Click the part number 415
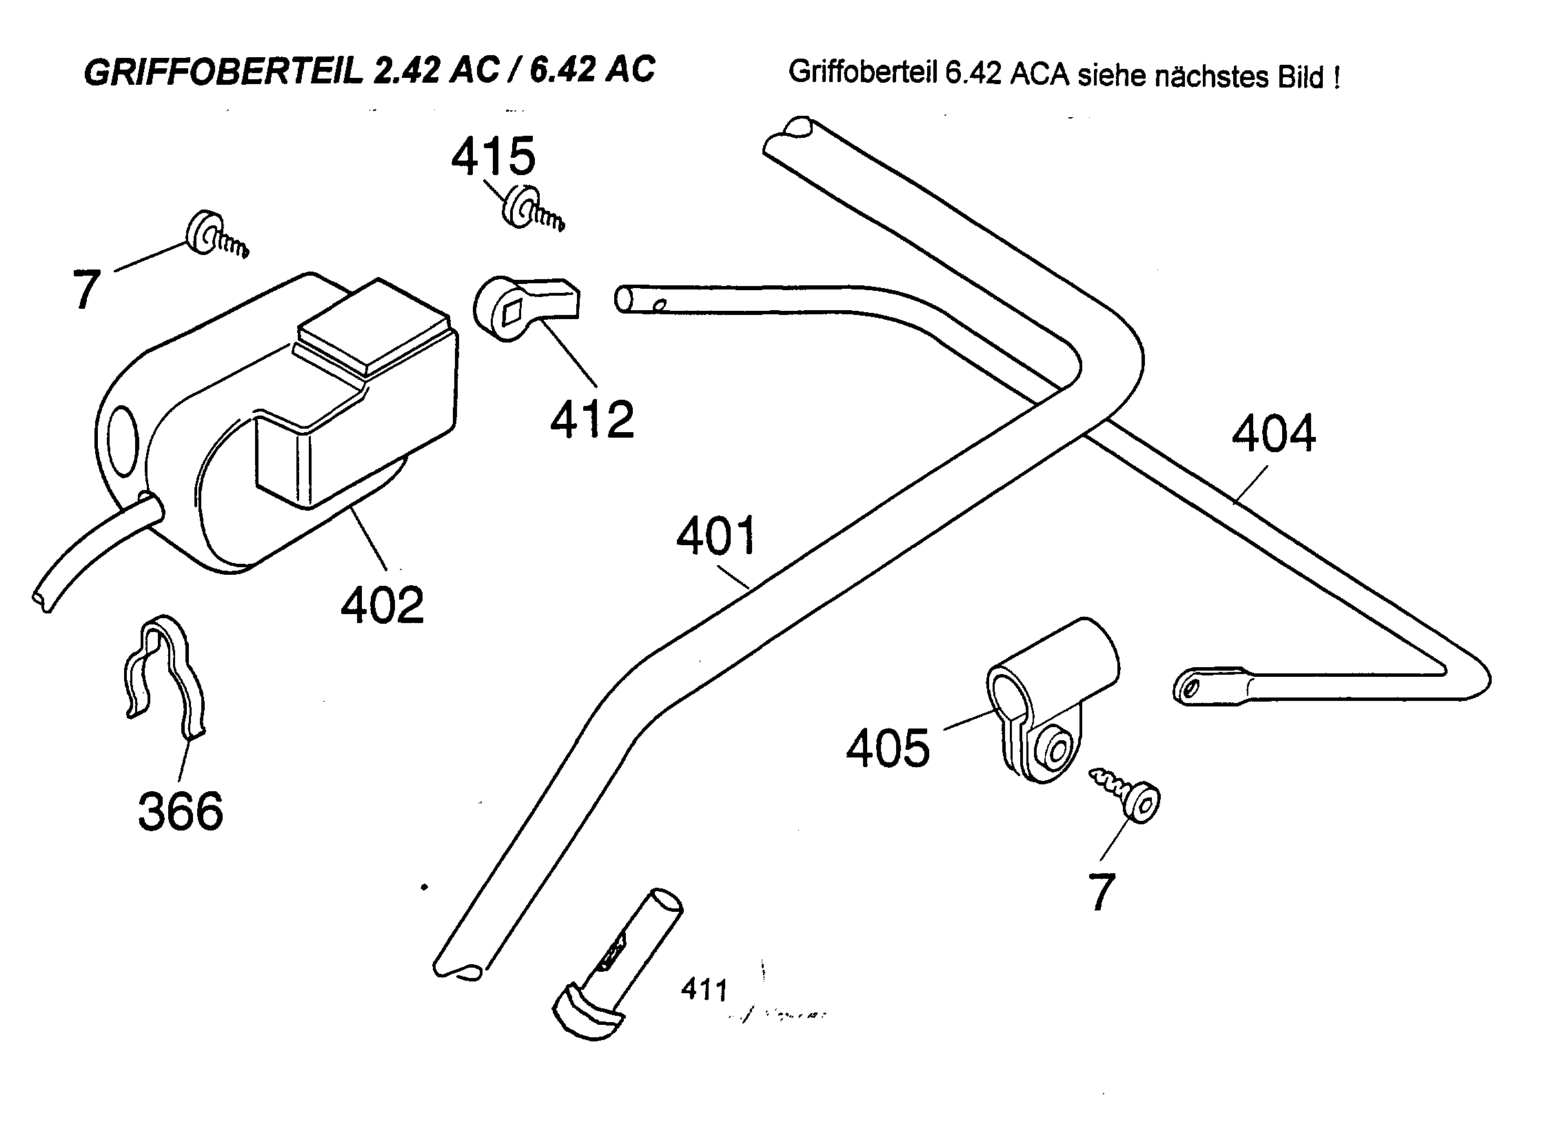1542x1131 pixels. (x=493, y=156)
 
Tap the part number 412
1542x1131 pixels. (x=592, y=419)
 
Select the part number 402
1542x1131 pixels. (x=383, y=605)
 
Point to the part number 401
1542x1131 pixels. (x=716, y=536)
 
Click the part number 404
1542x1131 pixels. (x=1273, y=434)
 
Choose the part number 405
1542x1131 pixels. (x=888, y=749)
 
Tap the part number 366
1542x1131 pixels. (x=181, y=811)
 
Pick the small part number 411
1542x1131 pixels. (x=704, y=990)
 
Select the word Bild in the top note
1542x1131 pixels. (x=1299, y=77)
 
